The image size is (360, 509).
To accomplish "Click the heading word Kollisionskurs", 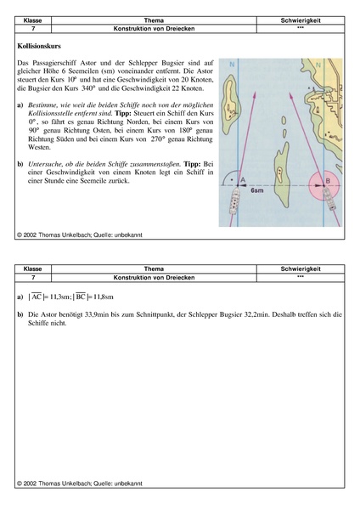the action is (x=39, y=46).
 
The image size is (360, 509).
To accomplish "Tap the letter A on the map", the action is (x=243, y=180).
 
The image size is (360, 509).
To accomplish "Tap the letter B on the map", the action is (x=328, y=180).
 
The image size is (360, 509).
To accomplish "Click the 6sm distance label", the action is (x=257, y=190).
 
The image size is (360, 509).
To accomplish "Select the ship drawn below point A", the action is (x=234, y=201).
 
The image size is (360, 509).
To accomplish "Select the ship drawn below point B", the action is (x=329, y=199).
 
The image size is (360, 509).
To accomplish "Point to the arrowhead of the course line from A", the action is (x=255, y=95).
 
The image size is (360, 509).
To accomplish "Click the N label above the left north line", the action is (x=232, y=65).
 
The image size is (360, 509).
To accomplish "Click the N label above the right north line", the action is (x=318, y=65).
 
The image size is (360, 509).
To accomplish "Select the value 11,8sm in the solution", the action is (x=104, y=297).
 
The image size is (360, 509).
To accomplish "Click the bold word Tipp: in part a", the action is (x=125, y=114).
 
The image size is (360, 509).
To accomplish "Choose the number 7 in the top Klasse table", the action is (x=33, y=29).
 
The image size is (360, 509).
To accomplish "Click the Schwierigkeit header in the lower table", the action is (x=301, y=269).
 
